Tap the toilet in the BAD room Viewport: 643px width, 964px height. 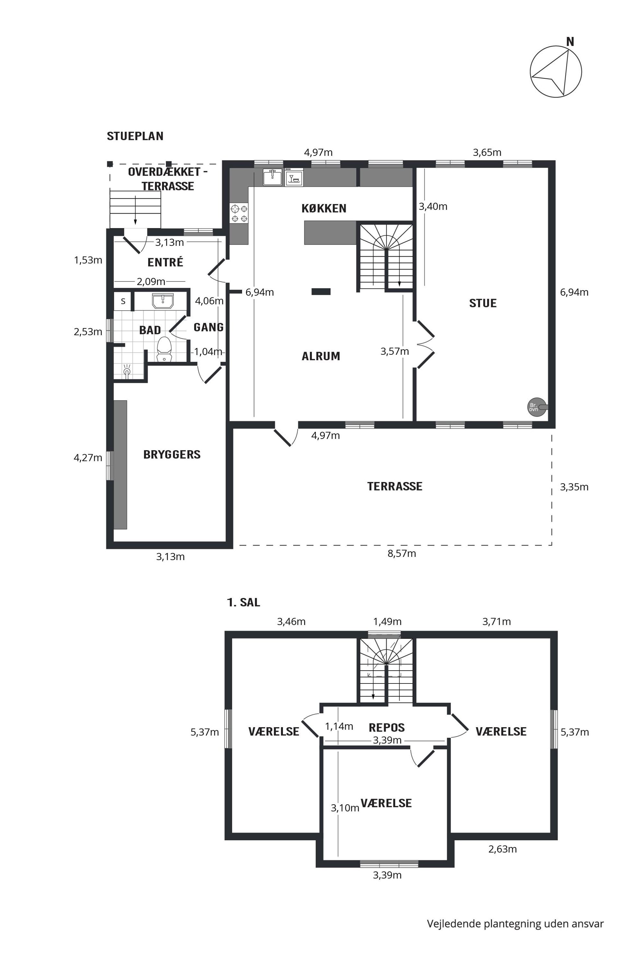164,349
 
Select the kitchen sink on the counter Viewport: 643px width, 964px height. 272,178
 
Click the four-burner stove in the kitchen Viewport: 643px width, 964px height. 239,213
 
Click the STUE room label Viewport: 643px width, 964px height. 483,303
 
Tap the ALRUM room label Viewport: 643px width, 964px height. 321,356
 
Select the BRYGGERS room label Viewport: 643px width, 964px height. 172,454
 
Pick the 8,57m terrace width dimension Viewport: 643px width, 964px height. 402,553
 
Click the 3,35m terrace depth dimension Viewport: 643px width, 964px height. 574,487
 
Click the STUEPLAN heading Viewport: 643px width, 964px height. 135,136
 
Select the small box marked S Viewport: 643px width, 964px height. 123,301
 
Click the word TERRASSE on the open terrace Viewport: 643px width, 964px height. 394,486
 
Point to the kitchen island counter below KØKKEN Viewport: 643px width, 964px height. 330,233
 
